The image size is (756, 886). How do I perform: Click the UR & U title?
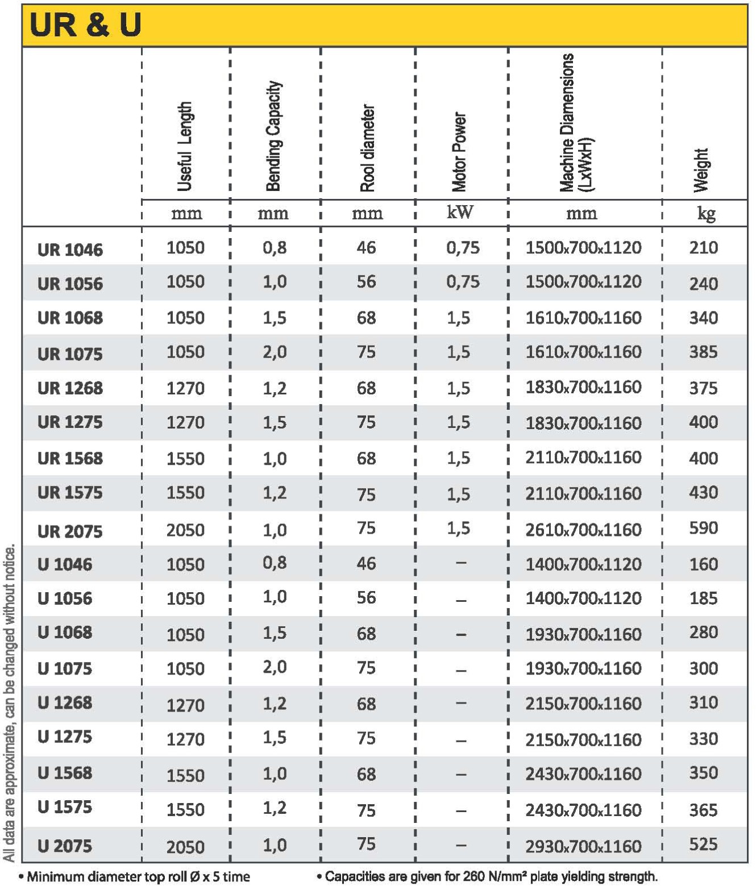85,25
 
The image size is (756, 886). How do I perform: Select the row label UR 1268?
70,388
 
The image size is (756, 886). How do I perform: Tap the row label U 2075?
64,846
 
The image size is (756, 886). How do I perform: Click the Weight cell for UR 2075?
703,528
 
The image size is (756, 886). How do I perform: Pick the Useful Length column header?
185,147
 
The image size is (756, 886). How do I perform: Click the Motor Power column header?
459,152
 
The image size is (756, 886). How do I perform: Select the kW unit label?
460,213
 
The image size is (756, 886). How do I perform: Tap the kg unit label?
706,214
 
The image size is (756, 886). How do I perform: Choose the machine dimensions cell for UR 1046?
583,248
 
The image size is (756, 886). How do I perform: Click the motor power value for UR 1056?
462,282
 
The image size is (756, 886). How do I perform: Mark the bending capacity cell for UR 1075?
274,352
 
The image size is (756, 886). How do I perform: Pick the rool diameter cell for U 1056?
366,598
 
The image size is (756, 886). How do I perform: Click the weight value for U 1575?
703,810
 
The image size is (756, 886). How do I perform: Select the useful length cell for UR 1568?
185,459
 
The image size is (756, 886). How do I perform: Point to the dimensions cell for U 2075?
583,846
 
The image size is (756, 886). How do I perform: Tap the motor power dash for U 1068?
461,634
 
